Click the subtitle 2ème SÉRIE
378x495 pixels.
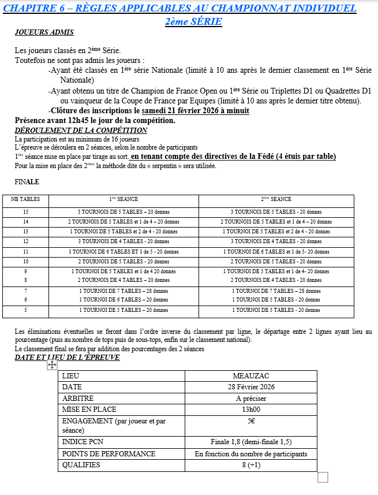pos(193,21)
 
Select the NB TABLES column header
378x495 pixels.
pos(25,199)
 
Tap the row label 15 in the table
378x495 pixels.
pos(25,212)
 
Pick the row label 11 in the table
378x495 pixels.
pos(25,251)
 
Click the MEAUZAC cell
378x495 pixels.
pos(251,376)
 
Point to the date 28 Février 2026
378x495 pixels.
pos(251,387)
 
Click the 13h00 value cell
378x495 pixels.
pos(251,410)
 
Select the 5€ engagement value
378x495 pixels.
pos(251,421)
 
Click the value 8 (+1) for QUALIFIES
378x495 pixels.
pos(251,465)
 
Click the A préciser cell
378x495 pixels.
pos(251,399)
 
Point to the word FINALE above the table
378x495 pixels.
pos(27,181)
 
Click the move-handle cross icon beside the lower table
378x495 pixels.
pos(52,365)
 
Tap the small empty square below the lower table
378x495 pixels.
pos(323,477)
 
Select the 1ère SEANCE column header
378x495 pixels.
pos(123,199)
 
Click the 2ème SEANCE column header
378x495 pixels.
pos(276,199)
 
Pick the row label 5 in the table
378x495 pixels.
pos(25,310)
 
